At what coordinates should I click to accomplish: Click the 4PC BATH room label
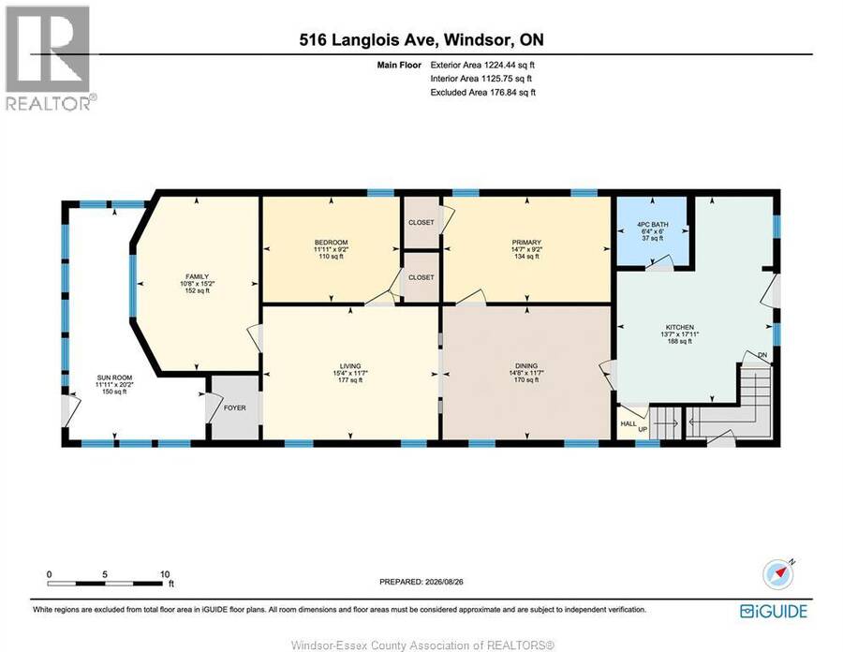coord(652,224)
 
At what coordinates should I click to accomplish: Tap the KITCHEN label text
coord(680,327)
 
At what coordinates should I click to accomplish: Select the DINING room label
coord(526,365)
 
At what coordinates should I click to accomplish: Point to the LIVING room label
coord(350,365)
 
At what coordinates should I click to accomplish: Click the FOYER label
coord(235,408)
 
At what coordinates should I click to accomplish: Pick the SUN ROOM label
coord(114,378)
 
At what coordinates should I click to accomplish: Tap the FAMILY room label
coord(198,276)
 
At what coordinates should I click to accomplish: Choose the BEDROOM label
coord(332,243)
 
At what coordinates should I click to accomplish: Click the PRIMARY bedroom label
coord(526,243)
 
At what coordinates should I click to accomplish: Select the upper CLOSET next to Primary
coord(421,223)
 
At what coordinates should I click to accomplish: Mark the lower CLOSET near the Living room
coord(421,277)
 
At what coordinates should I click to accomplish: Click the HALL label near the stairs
coord(629,423)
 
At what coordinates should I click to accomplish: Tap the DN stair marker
coord(762,355)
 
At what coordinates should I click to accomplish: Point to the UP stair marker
coord(643,429)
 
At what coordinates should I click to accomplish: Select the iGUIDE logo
coord(774,611)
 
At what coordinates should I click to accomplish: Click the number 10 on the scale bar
coord(165,574)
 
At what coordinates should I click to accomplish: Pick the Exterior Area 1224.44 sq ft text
coord(482,65)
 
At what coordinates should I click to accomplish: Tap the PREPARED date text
coord(421,582)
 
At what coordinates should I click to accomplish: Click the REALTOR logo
coord(51,58)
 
